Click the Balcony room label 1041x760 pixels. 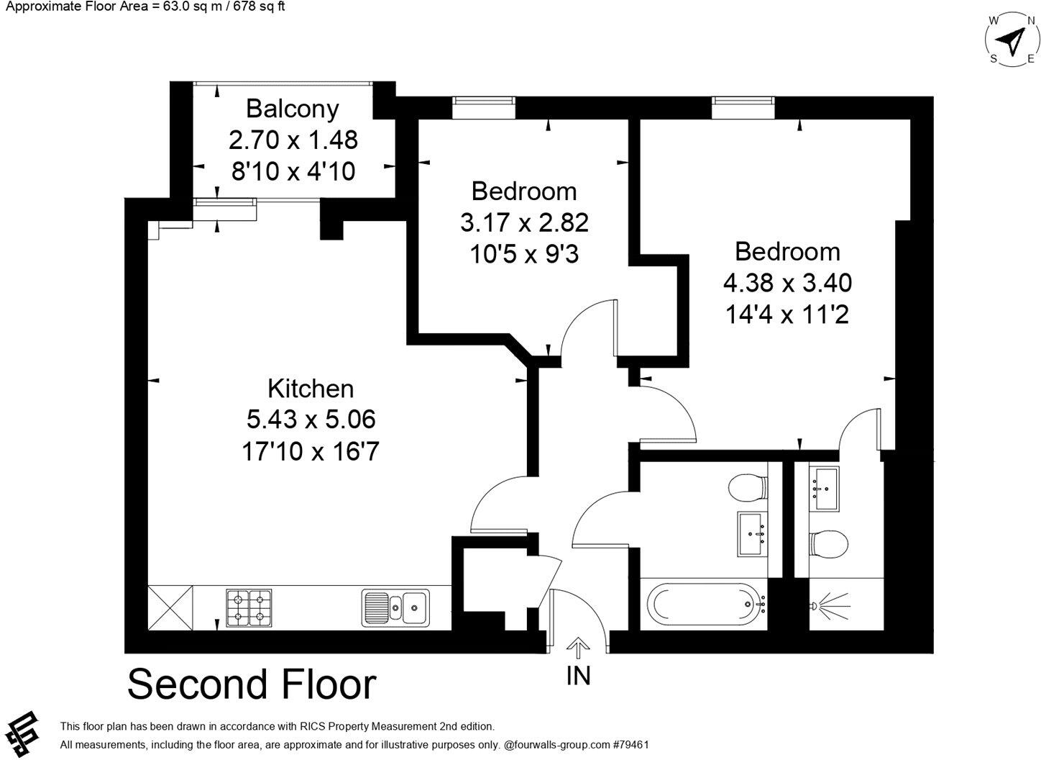pos(292,109)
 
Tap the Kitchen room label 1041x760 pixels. pos(311,389)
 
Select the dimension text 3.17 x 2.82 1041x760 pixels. pos(524,222)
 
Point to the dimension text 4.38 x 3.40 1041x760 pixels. pos(787,283)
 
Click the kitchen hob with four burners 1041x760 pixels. pos(249,607)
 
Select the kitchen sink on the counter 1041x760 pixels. pos(395,607)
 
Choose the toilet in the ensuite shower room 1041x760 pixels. pos(829,543)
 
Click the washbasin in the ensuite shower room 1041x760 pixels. pos(824,489)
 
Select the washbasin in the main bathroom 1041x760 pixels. pos(753,533)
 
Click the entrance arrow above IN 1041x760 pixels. pos(577,648)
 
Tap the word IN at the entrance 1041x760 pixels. pos(578,676)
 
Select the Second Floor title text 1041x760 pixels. pos(252,684)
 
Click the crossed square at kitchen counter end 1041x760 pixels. pos(170,607)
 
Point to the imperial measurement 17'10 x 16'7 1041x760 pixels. pos(311,452)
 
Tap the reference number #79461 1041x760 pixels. pos(630,745)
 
